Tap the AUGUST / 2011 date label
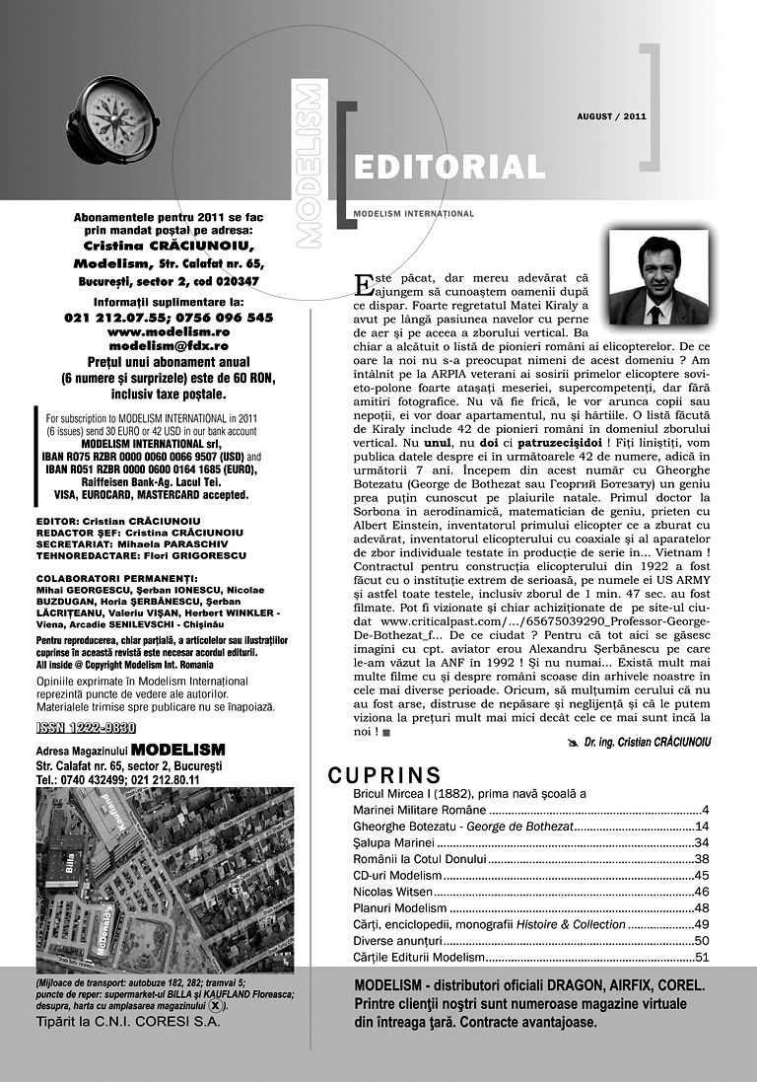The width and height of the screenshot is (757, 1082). coord(611,116)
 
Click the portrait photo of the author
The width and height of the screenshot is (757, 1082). coord(658,279)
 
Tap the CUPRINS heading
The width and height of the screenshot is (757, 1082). coord(384,774)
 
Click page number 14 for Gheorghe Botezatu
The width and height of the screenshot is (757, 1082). coord(702,827)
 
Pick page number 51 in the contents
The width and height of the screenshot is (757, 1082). coord(702,957)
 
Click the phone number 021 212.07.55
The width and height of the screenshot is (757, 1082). coord(108,318)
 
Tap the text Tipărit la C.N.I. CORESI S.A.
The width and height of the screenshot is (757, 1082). coord(128,1022)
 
